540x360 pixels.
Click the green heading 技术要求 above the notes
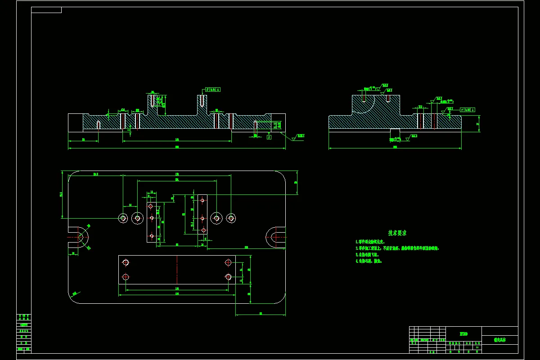tap(397, 233)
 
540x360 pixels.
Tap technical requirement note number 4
tap(369, 261)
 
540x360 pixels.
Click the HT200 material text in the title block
tap(463, 334)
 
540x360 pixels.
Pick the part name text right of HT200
tap(499, 340)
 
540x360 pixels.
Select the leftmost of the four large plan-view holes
tap(123, 218)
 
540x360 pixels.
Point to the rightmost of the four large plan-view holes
tap(231, 218)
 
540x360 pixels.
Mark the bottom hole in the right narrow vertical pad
tap(203, 230)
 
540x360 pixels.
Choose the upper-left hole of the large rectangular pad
tap(126, 262)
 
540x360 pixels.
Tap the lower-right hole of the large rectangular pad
tap(228, 276)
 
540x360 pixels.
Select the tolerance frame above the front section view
tap(213, 90)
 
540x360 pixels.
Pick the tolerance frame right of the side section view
tap(468, 110)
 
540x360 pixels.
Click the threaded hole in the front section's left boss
tap(153, 100)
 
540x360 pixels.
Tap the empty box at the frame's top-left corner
tap(46, 10)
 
